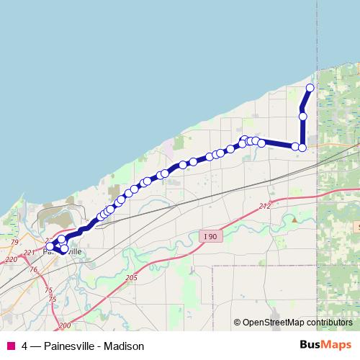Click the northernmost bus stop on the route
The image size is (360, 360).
310,88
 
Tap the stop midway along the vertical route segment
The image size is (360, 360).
303,116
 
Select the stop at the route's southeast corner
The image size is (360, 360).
302,148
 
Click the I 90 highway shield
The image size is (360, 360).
210,236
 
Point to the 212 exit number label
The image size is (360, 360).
265,207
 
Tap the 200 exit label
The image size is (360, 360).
65,325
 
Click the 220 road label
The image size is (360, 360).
11,259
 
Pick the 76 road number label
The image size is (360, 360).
34,269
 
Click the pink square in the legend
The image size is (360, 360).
10,346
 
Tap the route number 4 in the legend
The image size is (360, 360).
25,346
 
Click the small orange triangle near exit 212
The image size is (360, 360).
294,218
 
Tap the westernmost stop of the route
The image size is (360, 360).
50,247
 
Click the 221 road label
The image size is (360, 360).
29,252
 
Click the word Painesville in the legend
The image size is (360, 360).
69,346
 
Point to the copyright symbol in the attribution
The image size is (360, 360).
238,322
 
